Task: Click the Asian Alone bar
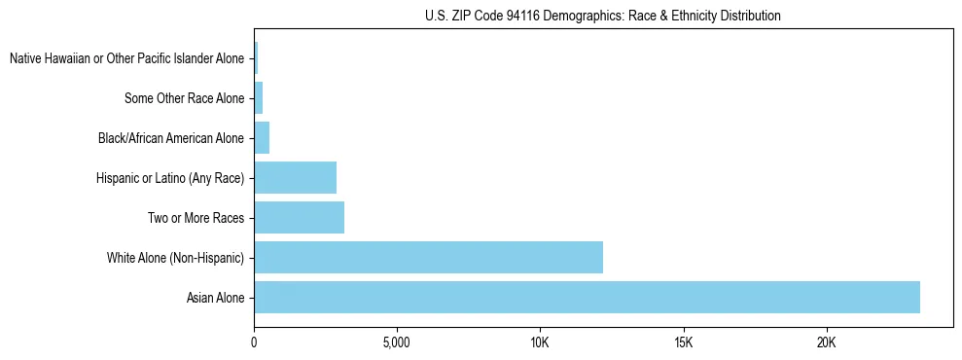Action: (587, 298)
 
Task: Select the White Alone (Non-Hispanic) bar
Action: (428, 258)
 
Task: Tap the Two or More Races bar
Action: (299, 218)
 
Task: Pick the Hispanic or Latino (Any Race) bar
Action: (295, 178)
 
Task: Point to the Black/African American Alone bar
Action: (262, 138)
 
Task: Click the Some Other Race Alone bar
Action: (259, 98)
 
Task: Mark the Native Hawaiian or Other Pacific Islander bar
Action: (256, 58)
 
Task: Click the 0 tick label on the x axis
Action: (254, 343)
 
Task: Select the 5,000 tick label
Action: (397, 343)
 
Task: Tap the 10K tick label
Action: (540, 343)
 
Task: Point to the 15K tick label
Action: (683, 343)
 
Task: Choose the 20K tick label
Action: (826, 343)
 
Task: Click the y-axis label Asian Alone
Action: (215, 298)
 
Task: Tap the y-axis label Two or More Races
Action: (196, 218)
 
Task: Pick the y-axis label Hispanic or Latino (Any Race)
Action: (170, 178)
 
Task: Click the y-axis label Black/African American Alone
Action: (171, 138)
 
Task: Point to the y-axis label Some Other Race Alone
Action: (184, 98)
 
